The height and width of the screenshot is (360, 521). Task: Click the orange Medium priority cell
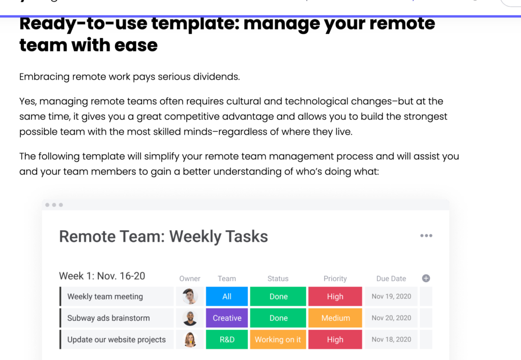[x=335, y=318]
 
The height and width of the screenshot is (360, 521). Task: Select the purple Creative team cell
[x=227, y=318]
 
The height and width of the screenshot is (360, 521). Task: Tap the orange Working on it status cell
[x=278, y=340]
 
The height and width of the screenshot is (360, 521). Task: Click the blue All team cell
[x=227, y=296]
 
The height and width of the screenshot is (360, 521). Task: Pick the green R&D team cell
[x=227, y=340]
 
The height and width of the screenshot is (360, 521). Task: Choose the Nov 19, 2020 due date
[x=391, y=296]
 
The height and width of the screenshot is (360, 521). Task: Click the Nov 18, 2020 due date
[x=391, y=340]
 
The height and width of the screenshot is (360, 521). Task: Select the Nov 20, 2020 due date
[x=391, y=318]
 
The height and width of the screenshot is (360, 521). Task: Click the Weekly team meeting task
[x=105, y=296]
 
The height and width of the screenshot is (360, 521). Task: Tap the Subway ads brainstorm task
[x=108, y=318]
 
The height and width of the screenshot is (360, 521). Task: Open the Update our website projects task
[x=117, y=340]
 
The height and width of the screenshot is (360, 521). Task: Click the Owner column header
[x=190, y=279]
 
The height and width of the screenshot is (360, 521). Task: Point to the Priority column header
[x=335, y=279]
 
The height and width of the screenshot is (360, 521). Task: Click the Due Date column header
[x=391, y=279]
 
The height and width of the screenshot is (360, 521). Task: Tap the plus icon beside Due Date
[x=426, y=278]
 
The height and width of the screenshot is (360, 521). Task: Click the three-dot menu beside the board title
[x=426, y=236]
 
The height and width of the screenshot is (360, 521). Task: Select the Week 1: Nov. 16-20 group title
[x=102, y=276]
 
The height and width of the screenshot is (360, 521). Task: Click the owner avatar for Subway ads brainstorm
[x=190, y=318]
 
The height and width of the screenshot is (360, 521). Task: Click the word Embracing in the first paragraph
[x=44, y=77]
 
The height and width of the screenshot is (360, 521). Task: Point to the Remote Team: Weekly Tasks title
[x=163, y=236]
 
